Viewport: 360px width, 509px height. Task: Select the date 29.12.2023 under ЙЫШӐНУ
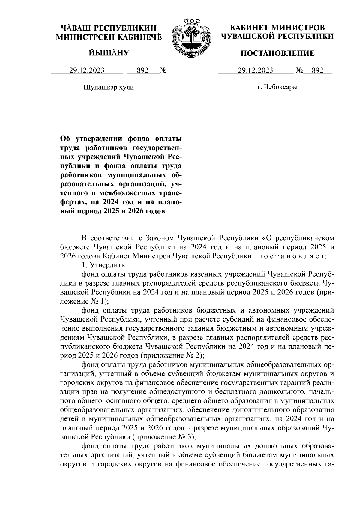(87, 71)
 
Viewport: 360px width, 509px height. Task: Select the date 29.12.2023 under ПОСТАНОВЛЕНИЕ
(255, 71)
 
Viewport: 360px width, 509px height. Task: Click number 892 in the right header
(317, 71)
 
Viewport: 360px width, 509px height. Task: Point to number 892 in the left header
(142, 71)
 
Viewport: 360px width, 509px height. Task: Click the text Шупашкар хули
(108, 88)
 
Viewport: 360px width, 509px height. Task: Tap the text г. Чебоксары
(277, 88)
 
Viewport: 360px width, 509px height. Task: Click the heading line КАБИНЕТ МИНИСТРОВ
(277, 28)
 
